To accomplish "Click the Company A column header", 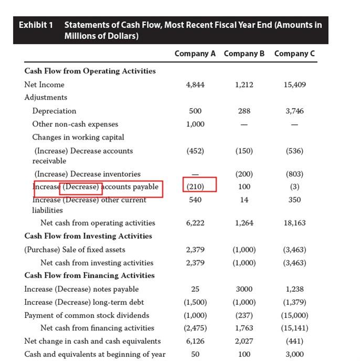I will (195, 54).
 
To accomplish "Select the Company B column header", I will (245, 54).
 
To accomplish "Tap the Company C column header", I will (294, 54).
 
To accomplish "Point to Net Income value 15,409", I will (294, 84).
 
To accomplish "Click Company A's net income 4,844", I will (195, 84).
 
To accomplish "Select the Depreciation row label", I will (54, 111).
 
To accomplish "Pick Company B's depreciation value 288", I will (245, 111).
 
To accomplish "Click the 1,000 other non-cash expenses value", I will (195, 124).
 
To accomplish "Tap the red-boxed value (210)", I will (195, 186).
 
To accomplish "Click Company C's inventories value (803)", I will (294, 174).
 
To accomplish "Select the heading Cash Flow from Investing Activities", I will (88, 236).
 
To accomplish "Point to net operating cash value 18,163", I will (294, 223).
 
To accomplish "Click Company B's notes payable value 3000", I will (245, 289).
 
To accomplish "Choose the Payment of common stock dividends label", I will (87, 315).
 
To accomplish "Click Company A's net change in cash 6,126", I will (195, 341).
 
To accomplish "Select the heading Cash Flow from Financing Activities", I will (89, 275).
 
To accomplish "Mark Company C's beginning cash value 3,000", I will (294, 354).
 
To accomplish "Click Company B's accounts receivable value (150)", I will (245, 151).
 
